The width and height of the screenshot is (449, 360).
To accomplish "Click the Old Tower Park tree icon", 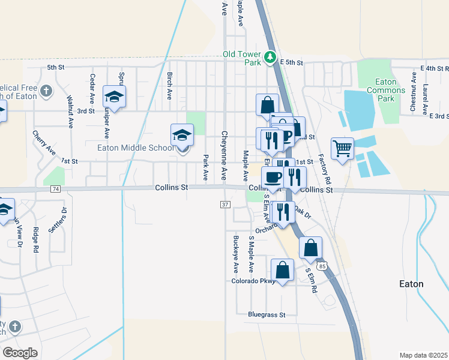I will [271, 58].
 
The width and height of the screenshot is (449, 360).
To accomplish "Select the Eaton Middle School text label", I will [135, 148].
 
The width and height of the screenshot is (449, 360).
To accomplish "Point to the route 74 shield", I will [56, 188].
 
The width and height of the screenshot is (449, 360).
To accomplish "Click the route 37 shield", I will [225, 205].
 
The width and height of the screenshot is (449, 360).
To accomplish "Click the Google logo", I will [20, 353].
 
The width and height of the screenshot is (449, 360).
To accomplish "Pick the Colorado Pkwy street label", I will [253, 281].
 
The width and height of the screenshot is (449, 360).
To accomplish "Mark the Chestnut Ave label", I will [413, 92].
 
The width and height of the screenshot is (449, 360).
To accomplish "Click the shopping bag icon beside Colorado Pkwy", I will [282, 270].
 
